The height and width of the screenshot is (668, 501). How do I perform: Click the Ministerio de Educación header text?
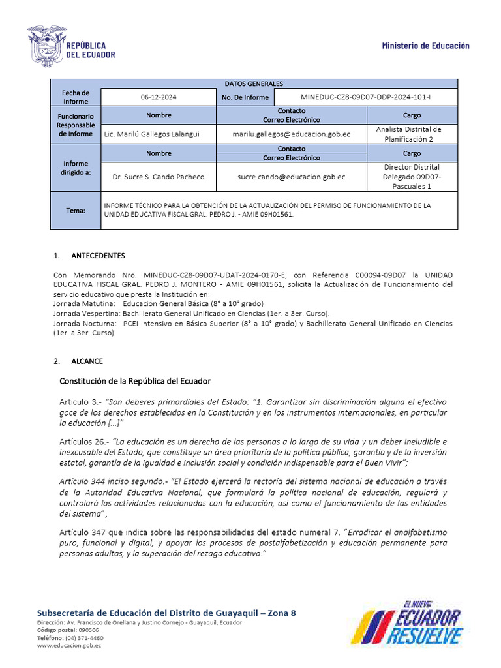(425, 46)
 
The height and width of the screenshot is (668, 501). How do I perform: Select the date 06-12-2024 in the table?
(159, 97)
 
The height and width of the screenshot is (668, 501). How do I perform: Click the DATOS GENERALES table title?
(254, 84)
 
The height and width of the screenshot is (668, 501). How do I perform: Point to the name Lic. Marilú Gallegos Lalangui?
(153, 134)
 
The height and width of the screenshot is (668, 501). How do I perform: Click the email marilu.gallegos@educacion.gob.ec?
(291, 134)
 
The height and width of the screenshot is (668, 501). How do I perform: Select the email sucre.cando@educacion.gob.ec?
(291, 177)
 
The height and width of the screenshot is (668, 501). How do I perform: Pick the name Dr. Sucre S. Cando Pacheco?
(159, 177)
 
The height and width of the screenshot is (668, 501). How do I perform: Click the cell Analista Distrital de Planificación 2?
(412, 134)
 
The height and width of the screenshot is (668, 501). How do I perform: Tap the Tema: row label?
(76, 211)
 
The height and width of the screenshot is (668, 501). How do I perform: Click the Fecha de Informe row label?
(76, 97)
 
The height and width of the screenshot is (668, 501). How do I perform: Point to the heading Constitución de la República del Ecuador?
(135, 381)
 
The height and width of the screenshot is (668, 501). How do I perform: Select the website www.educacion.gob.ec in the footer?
(69, 646)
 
